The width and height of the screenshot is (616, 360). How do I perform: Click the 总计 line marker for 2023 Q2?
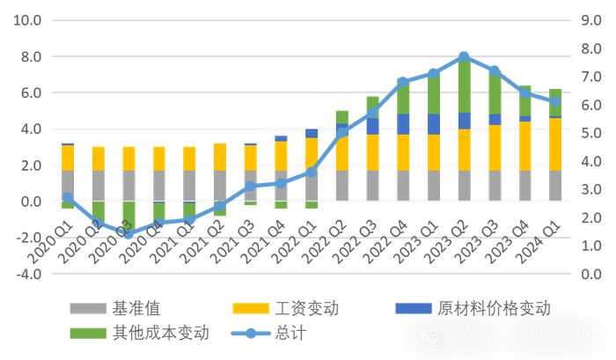pos(464,56)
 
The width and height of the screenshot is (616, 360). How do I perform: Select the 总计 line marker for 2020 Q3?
pos(128,234)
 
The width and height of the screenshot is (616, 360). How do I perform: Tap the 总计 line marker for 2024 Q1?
pos(554,101)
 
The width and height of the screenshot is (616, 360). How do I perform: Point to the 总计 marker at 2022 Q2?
pos(342,132)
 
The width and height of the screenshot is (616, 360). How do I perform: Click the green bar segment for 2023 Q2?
pos(464,84)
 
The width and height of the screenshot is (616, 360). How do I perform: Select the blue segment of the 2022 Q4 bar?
pos(403,124)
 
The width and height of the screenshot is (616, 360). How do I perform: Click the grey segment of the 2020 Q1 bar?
pos(68,185)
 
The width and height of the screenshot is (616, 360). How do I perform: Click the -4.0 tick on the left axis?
pos(26,274)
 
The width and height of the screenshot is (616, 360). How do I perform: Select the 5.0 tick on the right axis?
pos(590,133)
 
